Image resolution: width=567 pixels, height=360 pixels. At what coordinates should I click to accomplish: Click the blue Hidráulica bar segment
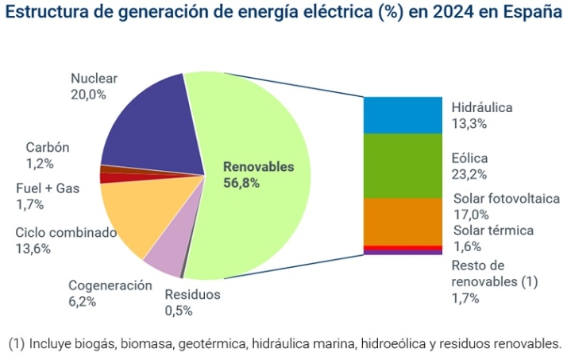click(x=402, y=114)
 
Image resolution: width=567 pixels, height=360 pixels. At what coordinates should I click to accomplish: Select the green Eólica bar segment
click(x=402, y=165)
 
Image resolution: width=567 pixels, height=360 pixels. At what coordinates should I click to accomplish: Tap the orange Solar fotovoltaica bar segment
click(x=402, y=221)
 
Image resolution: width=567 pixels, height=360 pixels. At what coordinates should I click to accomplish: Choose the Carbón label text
click(x=48, y=148)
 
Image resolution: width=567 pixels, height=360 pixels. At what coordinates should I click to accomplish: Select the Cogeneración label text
click(x=110, y=285)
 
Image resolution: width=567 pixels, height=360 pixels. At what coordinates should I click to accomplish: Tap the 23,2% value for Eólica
click(x=469, y=174)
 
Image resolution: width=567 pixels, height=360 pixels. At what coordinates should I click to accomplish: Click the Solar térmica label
click(x=493, y=230)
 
